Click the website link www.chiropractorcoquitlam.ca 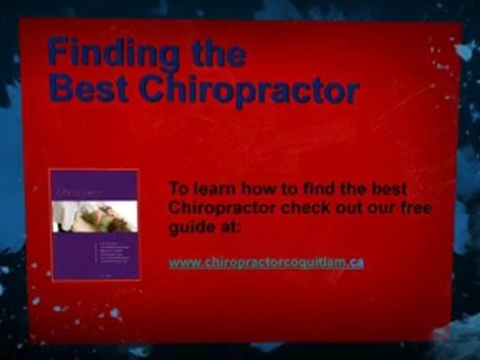pos(266,262)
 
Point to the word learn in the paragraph pos(213,188)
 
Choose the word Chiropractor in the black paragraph pos(221,207)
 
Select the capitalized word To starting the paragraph pos(177,188)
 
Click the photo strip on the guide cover pos(95,216)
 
